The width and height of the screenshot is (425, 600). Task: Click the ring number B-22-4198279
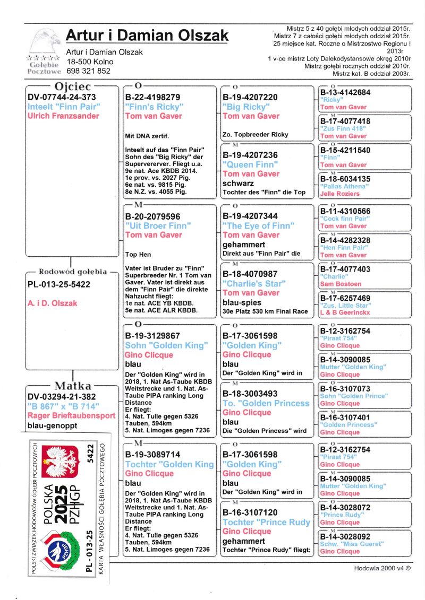click(152, 98)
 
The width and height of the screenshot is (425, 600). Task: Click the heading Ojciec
click(73, 86)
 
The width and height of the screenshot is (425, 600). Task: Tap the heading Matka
click(73, 386)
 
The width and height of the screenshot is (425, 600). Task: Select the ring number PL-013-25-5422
click(59, 284)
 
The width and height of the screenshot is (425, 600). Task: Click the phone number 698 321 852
click(89, 71)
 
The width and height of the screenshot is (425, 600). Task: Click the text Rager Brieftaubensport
click(71, 416)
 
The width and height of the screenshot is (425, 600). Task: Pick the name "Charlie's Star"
click(253, 283)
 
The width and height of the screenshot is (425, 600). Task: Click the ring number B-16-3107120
click(254, 512)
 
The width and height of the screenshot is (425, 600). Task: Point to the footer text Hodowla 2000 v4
click(382, 568)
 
